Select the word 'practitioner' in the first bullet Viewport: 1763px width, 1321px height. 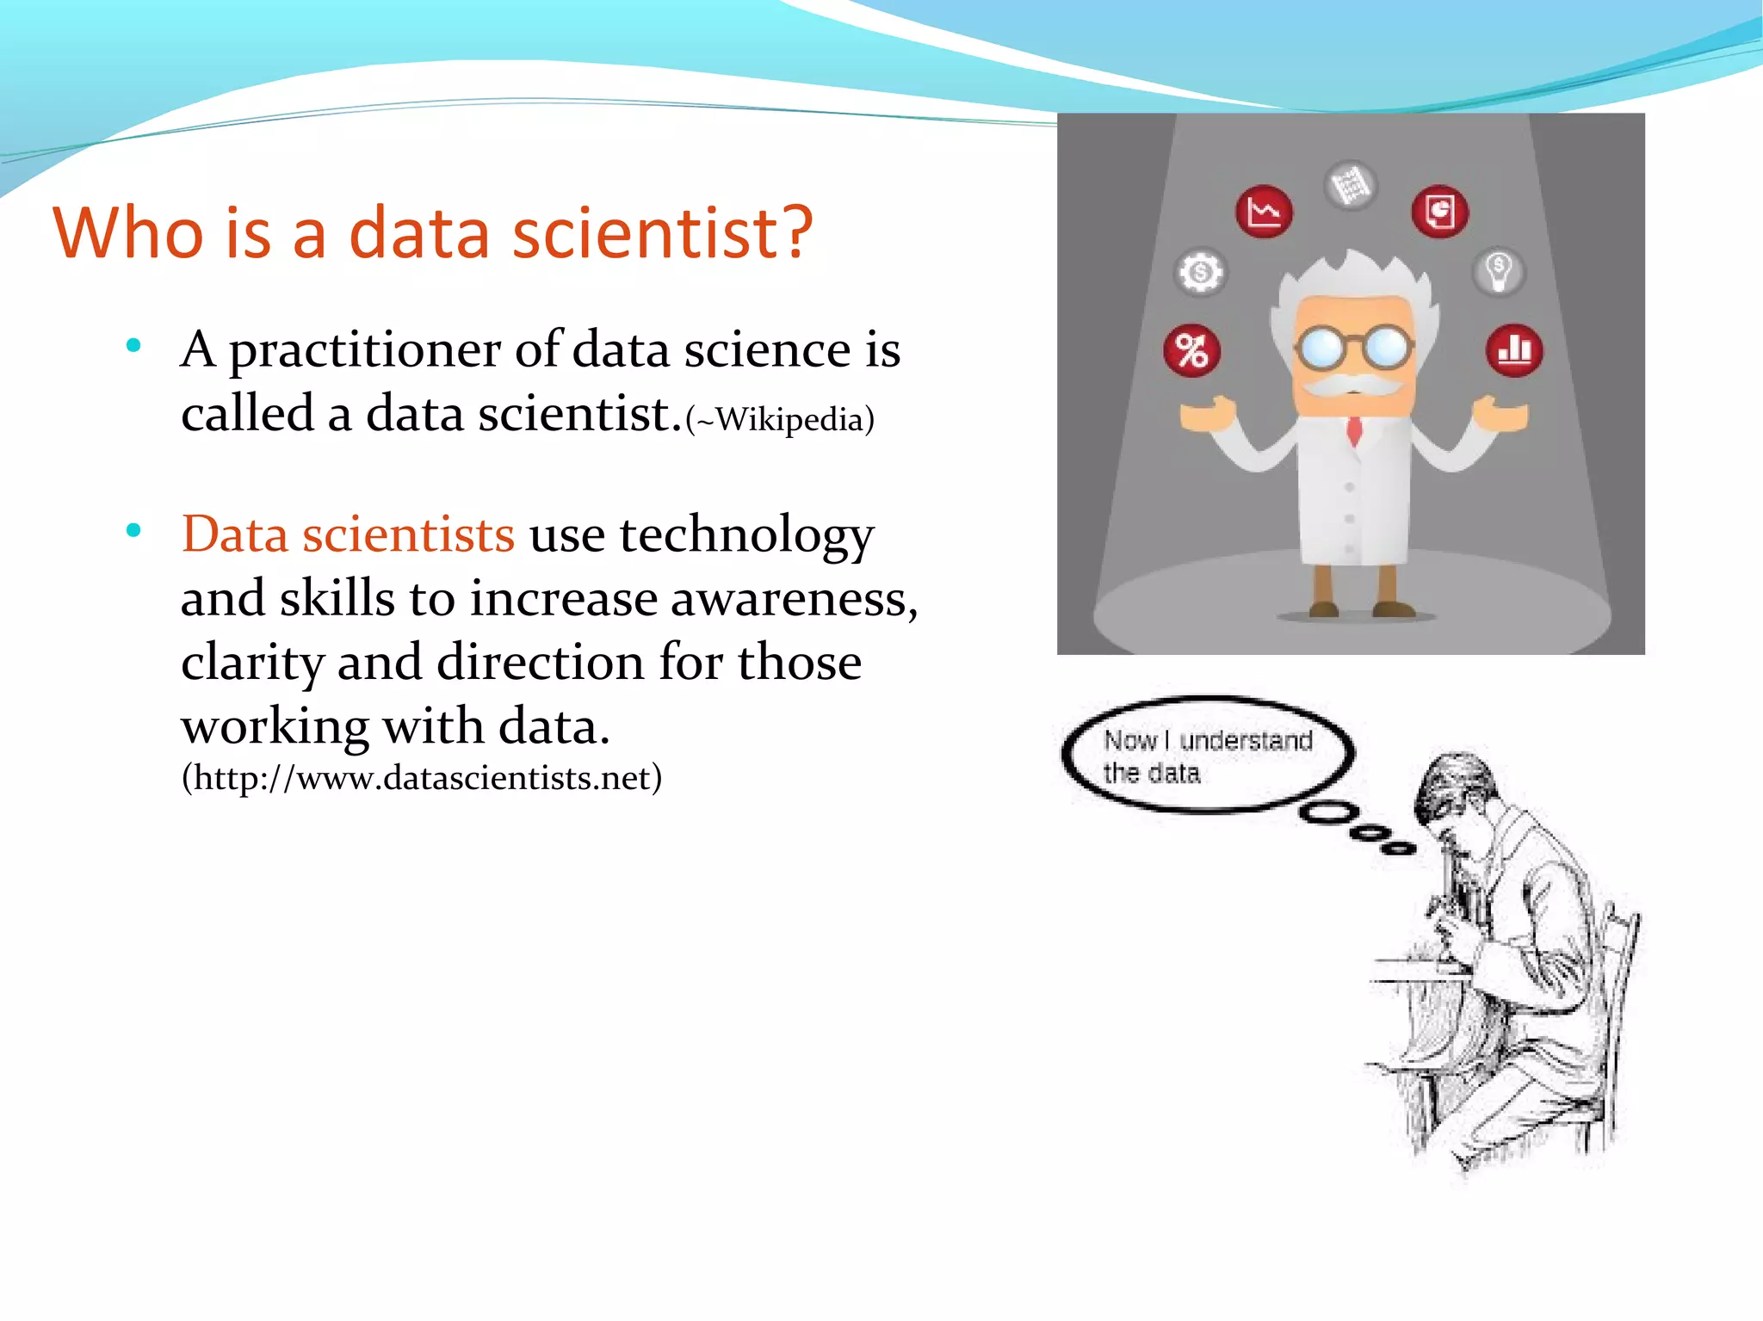click(x=364, y=351)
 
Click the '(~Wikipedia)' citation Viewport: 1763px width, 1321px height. click(x=780, y=420)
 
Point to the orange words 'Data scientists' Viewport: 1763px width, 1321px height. click(x=348, y=534)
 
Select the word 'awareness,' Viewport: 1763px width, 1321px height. click(x=794, y=599)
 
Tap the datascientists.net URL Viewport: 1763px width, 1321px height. click(x=422, y=778)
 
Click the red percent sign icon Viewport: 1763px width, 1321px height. click(x=1192, y=351)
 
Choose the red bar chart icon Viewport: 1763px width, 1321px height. click(x=1514, y=350)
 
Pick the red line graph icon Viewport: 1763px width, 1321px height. click(x=1264, y=211)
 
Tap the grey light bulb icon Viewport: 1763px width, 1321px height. click(x=1499, y=271)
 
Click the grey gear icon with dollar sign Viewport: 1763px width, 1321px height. click(x=1200, y=273)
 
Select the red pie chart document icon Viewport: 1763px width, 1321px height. click(x=1439, y=211)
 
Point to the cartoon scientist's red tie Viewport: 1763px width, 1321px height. click(x=1354, y=429)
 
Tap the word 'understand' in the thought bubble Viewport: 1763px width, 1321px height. click(x=1245, y=741)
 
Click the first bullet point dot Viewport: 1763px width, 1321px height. click(x=133, y=347)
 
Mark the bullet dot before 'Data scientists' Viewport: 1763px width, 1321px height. click(x=133, y=531)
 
